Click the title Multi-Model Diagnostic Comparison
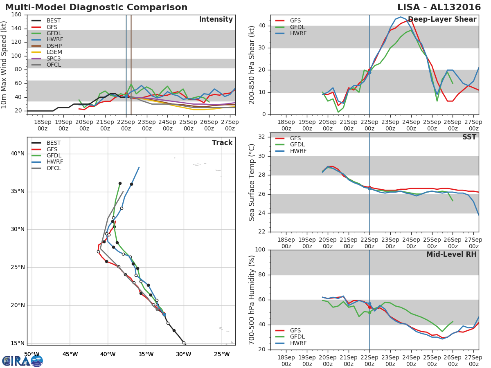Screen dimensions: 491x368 96,7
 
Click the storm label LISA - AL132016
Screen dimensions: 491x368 439,7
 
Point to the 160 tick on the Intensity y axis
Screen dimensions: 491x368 16,15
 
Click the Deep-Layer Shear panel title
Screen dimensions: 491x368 442,19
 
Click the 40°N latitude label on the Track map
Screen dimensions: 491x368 18,153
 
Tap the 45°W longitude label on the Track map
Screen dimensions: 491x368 70,354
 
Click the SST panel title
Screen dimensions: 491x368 469,137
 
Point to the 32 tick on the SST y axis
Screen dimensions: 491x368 262,137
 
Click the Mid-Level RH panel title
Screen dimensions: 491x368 451,254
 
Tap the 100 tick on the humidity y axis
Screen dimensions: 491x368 260,249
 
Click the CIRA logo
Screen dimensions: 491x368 23,361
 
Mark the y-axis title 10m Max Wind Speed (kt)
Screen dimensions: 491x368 4,65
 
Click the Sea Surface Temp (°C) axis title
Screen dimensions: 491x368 252,182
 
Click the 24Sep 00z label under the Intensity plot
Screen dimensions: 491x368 167,125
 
